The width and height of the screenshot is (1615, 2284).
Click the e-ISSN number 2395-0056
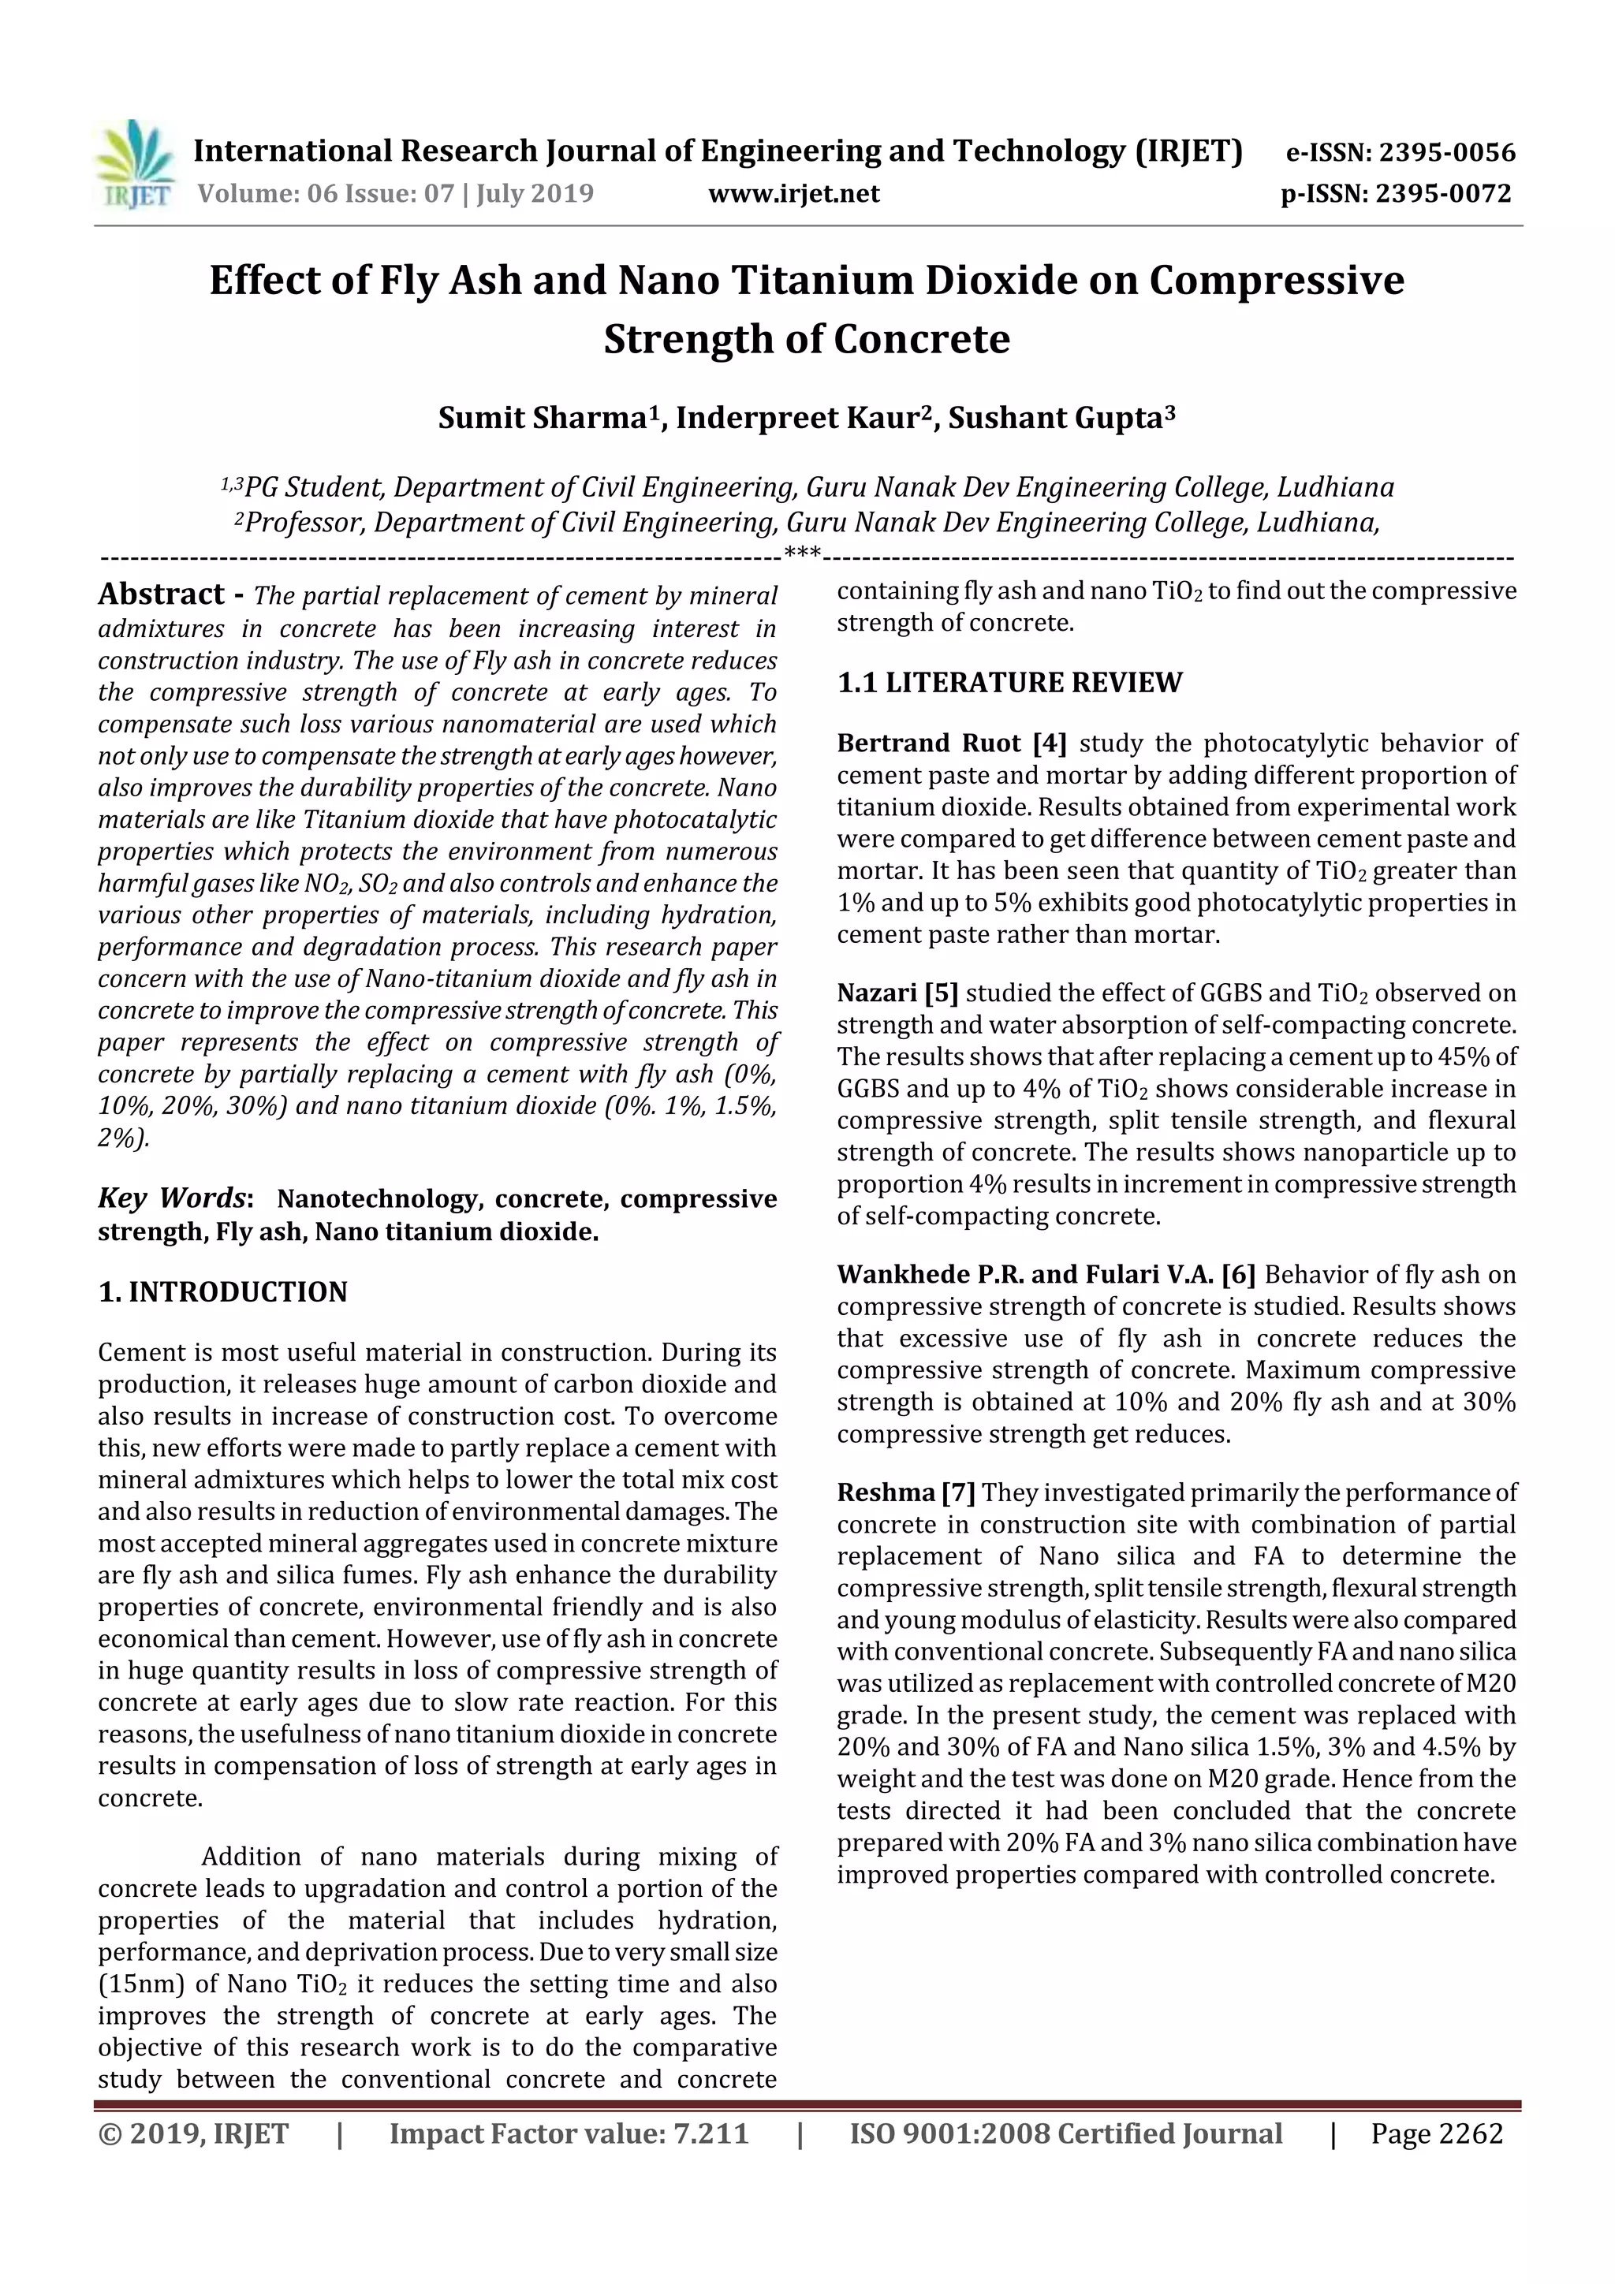[1445, 153]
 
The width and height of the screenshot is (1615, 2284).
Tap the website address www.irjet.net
[793, 193]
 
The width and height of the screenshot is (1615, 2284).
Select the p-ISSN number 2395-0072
[1443, 193]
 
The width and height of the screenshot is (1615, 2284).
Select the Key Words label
[172, 1198]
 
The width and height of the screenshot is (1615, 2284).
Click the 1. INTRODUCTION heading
[223, 1291]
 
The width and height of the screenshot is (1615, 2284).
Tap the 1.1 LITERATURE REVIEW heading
[1009, 683]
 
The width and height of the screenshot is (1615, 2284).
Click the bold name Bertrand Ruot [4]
[951, 743]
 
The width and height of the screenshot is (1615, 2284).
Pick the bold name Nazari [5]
[897, 993]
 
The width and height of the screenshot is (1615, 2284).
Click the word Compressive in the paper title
[1277, 281]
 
